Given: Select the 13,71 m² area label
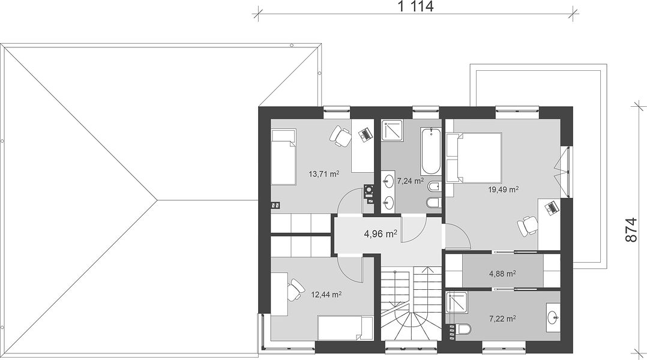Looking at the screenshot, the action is pyautogui.click(x=324, y=173).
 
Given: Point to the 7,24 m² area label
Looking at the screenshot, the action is pyautogui.click(x=411, y=181).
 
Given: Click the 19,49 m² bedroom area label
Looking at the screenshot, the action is pyautogui.click(x=504, y=189).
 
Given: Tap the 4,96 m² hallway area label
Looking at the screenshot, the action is pyautogui.click(x=381, y=234).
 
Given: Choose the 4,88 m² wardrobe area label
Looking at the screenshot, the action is pyautogui.click(x=502, y=273).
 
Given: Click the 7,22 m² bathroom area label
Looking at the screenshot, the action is pyautogui.click(x=502, y=319).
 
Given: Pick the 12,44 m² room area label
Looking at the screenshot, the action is pyautogui.click(x=326, y=295).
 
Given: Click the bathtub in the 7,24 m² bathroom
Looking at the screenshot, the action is pyautogui.click(x=431, y=151).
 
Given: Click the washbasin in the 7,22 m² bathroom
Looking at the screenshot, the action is pyautogui.click(x=553, y=317).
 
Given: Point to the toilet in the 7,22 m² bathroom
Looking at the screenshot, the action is pyautogui.click(x=463, y=329).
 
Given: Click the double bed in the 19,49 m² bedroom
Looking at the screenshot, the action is pyautogui.click(x=474, y=157).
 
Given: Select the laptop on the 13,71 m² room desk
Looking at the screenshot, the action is pyautogui.click(x=364, y=134).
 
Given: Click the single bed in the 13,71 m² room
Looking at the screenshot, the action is pyautogui.click(x=283, y=157).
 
